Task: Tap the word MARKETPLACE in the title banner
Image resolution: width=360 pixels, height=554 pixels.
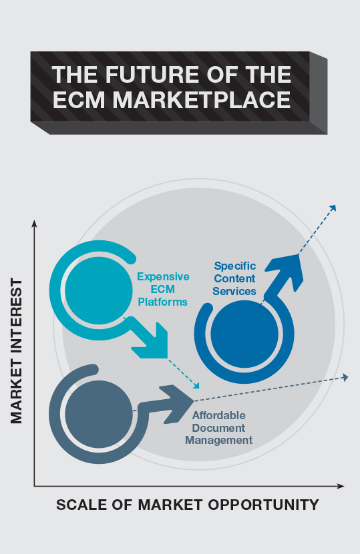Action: (202, 99)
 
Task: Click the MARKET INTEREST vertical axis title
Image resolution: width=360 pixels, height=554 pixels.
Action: (16, 350)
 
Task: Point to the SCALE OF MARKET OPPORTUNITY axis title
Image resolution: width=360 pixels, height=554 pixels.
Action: (188, 505)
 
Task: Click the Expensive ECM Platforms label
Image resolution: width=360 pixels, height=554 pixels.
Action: (163, 290)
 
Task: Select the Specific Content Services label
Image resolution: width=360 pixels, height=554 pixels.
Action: (234, 278)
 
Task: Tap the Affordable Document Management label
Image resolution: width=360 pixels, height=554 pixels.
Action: (218, 428)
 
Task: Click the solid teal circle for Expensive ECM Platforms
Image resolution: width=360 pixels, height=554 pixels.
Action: (99, 290)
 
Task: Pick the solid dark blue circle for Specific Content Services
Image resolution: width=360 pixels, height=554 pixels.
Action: (244, 334)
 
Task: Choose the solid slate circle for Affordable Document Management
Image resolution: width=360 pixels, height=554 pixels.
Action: (99, 414)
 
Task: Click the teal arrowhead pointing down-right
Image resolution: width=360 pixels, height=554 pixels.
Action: (152, 342)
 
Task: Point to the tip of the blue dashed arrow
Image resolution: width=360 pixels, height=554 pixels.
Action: (335, 206)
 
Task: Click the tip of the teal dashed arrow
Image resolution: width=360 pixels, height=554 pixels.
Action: (199, 388)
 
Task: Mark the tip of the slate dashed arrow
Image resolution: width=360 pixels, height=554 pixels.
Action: (349, 377)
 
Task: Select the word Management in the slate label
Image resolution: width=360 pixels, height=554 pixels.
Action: (218, 441)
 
